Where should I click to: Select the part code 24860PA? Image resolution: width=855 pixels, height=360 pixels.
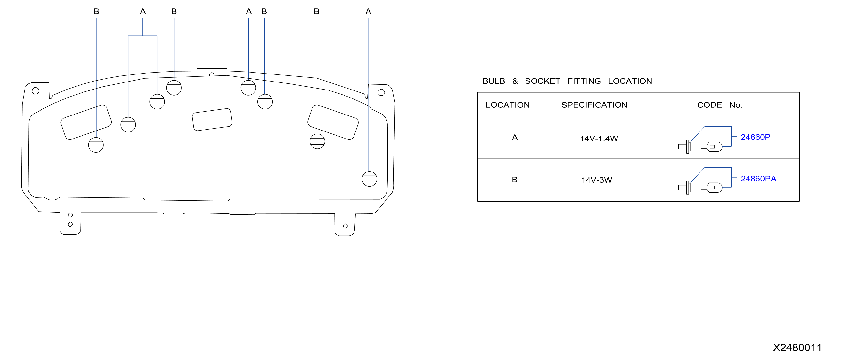(x=758, y=179)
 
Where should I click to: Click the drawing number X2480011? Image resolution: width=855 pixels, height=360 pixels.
(x=797, y=347)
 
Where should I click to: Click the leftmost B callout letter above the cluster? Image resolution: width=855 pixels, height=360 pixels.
(x=96, y=12)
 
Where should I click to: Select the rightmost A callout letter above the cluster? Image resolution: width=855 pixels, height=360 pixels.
(x=368, y=12)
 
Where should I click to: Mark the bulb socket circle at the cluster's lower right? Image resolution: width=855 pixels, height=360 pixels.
(x=370, y=179)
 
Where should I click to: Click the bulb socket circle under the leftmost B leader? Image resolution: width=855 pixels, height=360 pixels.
(x=96, y=145)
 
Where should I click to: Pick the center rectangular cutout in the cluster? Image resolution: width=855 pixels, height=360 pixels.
(x=212, y=119)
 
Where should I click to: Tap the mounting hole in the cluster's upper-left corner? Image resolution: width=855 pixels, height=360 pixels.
(x=35, y=90)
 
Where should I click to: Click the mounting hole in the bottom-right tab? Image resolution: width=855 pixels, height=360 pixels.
(x=345, y=226)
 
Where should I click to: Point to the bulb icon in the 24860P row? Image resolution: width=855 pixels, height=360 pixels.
(x=711, y=146)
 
